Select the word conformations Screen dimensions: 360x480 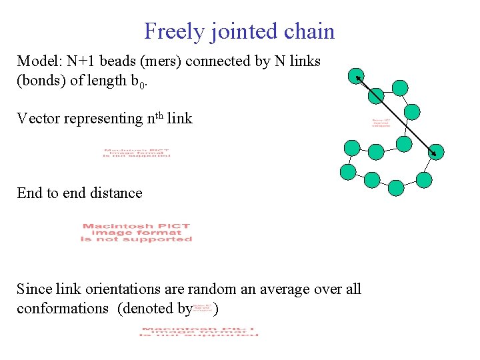click(x=63, y=309)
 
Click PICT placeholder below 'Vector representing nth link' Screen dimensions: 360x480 click(x=137, y=153)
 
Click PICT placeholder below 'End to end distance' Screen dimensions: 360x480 click(x=137, y=233)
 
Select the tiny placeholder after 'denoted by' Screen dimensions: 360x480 click(x=203, y=309)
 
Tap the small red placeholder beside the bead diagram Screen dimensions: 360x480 click(x=381, y=123)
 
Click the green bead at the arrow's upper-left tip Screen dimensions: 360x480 click(x=357, y=76)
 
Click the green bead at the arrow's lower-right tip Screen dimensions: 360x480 click(x=435, y=152)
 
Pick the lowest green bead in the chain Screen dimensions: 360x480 click(x=395, y=188)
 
